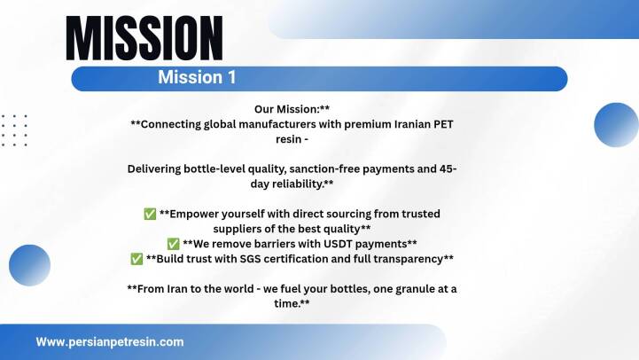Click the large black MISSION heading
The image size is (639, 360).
point(144,38)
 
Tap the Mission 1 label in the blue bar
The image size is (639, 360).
point(197,77)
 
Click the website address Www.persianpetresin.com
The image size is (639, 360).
point(110,341)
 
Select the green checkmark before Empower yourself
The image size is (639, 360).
point(150,214)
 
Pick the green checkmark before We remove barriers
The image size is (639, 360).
point(173,244)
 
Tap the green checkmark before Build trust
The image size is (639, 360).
point(136,259)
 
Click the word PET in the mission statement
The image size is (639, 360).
point(443,124)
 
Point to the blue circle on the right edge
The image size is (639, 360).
point(617,125)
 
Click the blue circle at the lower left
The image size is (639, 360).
point(30,265)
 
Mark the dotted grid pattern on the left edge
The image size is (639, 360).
point(14,130)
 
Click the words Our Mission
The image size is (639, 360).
point(286,109)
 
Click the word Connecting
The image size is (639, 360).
point(171,125)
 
